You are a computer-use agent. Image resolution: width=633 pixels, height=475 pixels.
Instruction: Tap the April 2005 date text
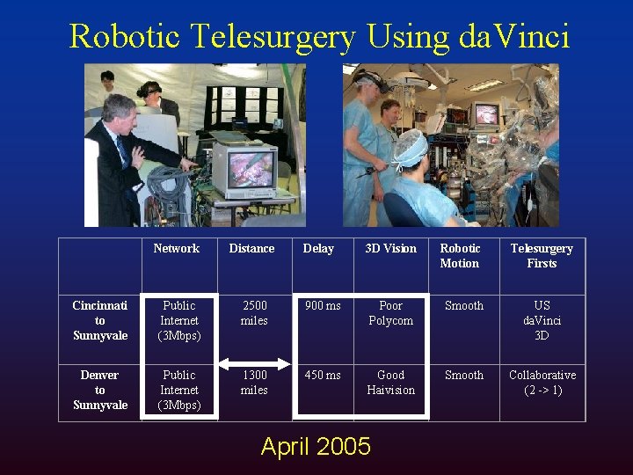coord(316,447)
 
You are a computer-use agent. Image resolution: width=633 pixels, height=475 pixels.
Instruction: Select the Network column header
coord(176,249)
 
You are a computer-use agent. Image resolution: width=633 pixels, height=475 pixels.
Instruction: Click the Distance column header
coord(251,249)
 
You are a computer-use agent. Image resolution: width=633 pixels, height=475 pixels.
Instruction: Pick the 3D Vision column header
coord(390,249)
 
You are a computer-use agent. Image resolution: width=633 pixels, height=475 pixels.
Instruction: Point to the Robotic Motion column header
coord(460,256)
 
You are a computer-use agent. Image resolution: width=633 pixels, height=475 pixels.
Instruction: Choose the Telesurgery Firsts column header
coord(542,256)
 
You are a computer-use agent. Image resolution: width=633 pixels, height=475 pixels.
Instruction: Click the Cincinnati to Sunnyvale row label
coord(99,320)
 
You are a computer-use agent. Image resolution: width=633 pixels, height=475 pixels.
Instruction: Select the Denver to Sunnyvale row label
coord(99,390)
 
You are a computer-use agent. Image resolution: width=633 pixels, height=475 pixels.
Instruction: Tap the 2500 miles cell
coord(254,313)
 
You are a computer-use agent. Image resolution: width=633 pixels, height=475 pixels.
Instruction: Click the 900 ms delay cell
coord(323,306)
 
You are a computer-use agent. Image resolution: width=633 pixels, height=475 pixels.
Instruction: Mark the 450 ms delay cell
coord(323,376)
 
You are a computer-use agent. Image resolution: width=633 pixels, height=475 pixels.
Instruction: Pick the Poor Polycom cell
coord(390,313)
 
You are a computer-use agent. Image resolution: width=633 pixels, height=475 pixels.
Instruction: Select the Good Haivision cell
coord(390,383)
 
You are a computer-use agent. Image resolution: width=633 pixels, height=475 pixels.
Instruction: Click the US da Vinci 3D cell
coord(542,320)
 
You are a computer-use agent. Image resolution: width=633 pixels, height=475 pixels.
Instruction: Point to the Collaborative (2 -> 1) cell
coord(542,383)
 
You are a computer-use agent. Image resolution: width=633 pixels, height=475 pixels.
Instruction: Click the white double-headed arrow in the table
coord(254,362)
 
